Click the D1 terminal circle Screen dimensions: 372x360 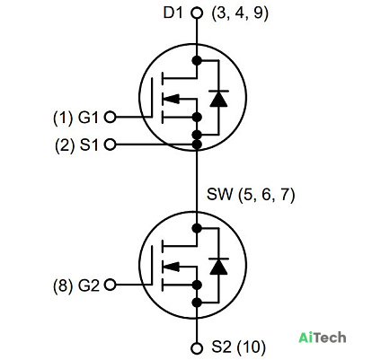point(197,13)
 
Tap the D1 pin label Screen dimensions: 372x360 point(173,13)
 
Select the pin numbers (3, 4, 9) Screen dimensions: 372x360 point(240,13)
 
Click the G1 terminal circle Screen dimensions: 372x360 point(110,117)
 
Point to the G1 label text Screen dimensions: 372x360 point(88,118)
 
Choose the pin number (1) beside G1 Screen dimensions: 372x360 point(63,118)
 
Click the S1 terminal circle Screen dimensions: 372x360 point(110,145)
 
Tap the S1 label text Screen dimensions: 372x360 point(89,145)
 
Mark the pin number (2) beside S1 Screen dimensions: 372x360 point(65,145)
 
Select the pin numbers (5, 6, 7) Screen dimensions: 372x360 point(267,195)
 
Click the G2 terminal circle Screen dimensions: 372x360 point(110,285)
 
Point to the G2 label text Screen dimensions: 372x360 point(89,285)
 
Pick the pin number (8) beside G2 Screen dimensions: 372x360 point(63,285)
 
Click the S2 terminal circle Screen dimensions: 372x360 point(197,348)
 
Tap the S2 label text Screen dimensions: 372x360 point(221,347)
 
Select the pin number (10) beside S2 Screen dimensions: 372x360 point(252,347)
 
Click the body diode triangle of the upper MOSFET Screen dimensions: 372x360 point(218,99)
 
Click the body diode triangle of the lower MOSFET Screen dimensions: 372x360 point(218,267)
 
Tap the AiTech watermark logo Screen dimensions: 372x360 point(323,338)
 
